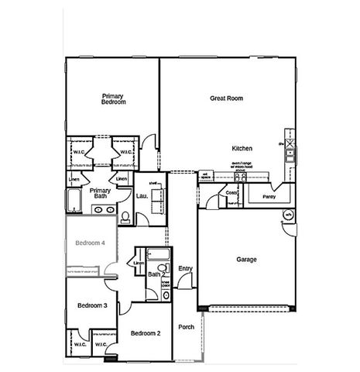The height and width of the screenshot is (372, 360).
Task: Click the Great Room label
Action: click(227, 98)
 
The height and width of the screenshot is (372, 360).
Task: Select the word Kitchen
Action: click(242, 147)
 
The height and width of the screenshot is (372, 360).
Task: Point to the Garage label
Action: click(246, 259)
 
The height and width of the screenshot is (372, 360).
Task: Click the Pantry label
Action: click(269, 196)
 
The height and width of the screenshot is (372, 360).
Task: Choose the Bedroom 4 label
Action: click(89, 243)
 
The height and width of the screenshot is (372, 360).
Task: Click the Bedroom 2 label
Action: click(145, 333)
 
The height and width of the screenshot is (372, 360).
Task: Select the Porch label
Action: click(186, 327)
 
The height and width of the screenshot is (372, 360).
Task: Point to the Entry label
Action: click(185, 268)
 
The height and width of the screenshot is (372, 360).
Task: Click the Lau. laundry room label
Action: click(142, 196)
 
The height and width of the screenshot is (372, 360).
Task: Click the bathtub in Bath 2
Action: click(158, 255)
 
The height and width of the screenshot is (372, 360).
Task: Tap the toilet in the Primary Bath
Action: click(124, 209)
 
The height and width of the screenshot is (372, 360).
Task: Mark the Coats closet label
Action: click(231, 193)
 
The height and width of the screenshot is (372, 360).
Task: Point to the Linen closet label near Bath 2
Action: click(139, 264)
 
